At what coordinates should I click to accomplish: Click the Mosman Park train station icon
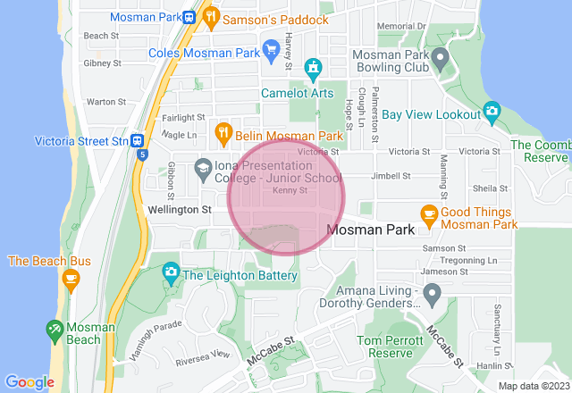[189, 17]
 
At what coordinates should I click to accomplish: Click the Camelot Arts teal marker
[313, 68]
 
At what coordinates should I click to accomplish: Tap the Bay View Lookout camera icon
[491, 112]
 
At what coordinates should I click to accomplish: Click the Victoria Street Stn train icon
[137, 140]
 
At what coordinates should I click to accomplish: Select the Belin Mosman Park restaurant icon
[223, 136]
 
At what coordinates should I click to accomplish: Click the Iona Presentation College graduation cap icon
[204, 167]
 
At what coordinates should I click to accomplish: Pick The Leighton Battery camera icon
[171, 272]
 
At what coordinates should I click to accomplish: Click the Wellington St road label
[179, 210]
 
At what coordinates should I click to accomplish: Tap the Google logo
[29, 382]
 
